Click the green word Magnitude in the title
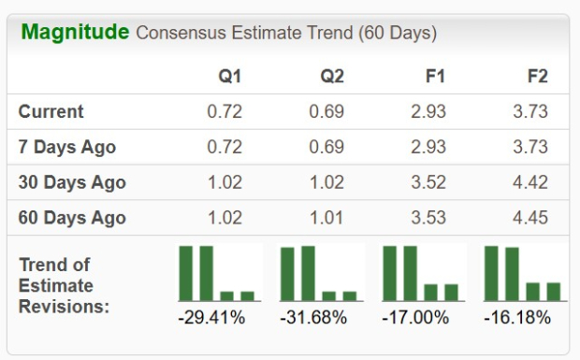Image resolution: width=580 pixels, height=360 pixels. (x=75, y=33)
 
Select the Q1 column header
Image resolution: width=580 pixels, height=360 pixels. (x=229, y=77)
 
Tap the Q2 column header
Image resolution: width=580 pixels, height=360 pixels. (x=332, y=77)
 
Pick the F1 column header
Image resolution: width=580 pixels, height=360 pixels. (x=434, y=77)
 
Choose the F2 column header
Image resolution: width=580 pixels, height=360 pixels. (x=537, y=77)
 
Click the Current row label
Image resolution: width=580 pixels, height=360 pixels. (x=51, y=112)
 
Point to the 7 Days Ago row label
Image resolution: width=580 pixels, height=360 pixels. (x=67, y=147)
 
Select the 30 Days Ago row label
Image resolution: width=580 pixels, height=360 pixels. (x=72, y=182)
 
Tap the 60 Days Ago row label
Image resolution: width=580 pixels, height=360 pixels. (x=72, y=218)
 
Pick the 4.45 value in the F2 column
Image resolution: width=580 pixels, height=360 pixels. (x=530, y=218)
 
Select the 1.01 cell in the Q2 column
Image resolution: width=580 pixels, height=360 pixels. (x=327, y=218)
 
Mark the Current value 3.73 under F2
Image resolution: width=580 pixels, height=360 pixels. (x=530, y=112)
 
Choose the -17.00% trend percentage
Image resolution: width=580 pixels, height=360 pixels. (x=415, y=318)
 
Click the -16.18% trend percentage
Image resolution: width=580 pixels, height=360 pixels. (x=517, y=318)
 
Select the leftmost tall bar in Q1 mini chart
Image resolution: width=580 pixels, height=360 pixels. (x=186, y=273)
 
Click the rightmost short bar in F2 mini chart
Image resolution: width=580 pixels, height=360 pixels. (x=553, y=291)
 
